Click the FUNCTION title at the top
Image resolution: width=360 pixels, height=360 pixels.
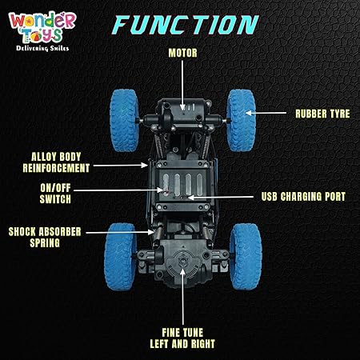(x=186, y=25)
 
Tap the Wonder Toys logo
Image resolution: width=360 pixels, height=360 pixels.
(x=42, y=31)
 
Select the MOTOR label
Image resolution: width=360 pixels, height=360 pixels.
(x=182, y=53)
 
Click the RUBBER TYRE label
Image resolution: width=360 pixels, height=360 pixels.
(x=322, y=114)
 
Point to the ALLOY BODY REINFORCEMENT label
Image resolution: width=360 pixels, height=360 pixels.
(x=56, y=162)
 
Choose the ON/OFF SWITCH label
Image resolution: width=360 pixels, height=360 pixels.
(x=55, y=194)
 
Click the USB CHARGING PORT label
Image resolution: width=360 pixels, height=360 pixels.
(x=303, y=197)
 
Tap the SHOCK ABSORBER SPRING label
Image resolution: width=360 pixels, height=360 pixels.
(x=45, y=238)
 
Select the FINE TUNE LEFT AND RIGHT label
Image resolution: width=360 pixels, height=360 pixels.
(x=182, y=338)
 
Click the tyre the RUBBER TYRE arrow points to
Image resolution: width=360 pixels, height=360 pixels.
(x=241, y=121)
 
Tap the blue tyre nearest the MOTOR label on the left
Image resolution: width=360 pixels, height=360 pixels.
(x=124, y=121)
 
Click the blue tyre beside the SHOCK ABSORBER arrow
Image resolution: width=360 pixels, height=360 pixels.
(x=120, y=257)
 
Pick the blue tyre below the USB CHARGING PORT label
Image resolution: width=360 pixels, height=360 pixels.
(x=246, y=257)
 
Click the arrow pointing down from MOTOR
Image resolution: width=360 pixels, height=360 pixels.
(x=182, y=85)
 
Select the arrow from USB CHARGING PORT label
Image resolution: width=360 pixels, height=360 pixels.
(x=221, y=198)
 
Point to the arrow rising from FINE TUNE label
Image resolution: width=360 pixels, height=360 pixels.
(x=182, y=296)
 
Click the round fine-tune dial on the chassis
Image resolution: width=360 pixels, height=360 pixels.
(x=182, y=262)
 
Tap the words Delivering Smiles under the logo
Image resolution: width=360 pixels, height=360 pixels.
(x=42, y=48)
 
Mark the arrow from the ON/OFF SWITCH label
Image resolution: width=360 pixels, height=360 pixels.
(x=118, y=190)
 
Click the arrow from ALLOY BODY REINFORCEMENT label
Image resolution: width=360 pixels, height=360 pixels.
(x=121, y=166)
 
